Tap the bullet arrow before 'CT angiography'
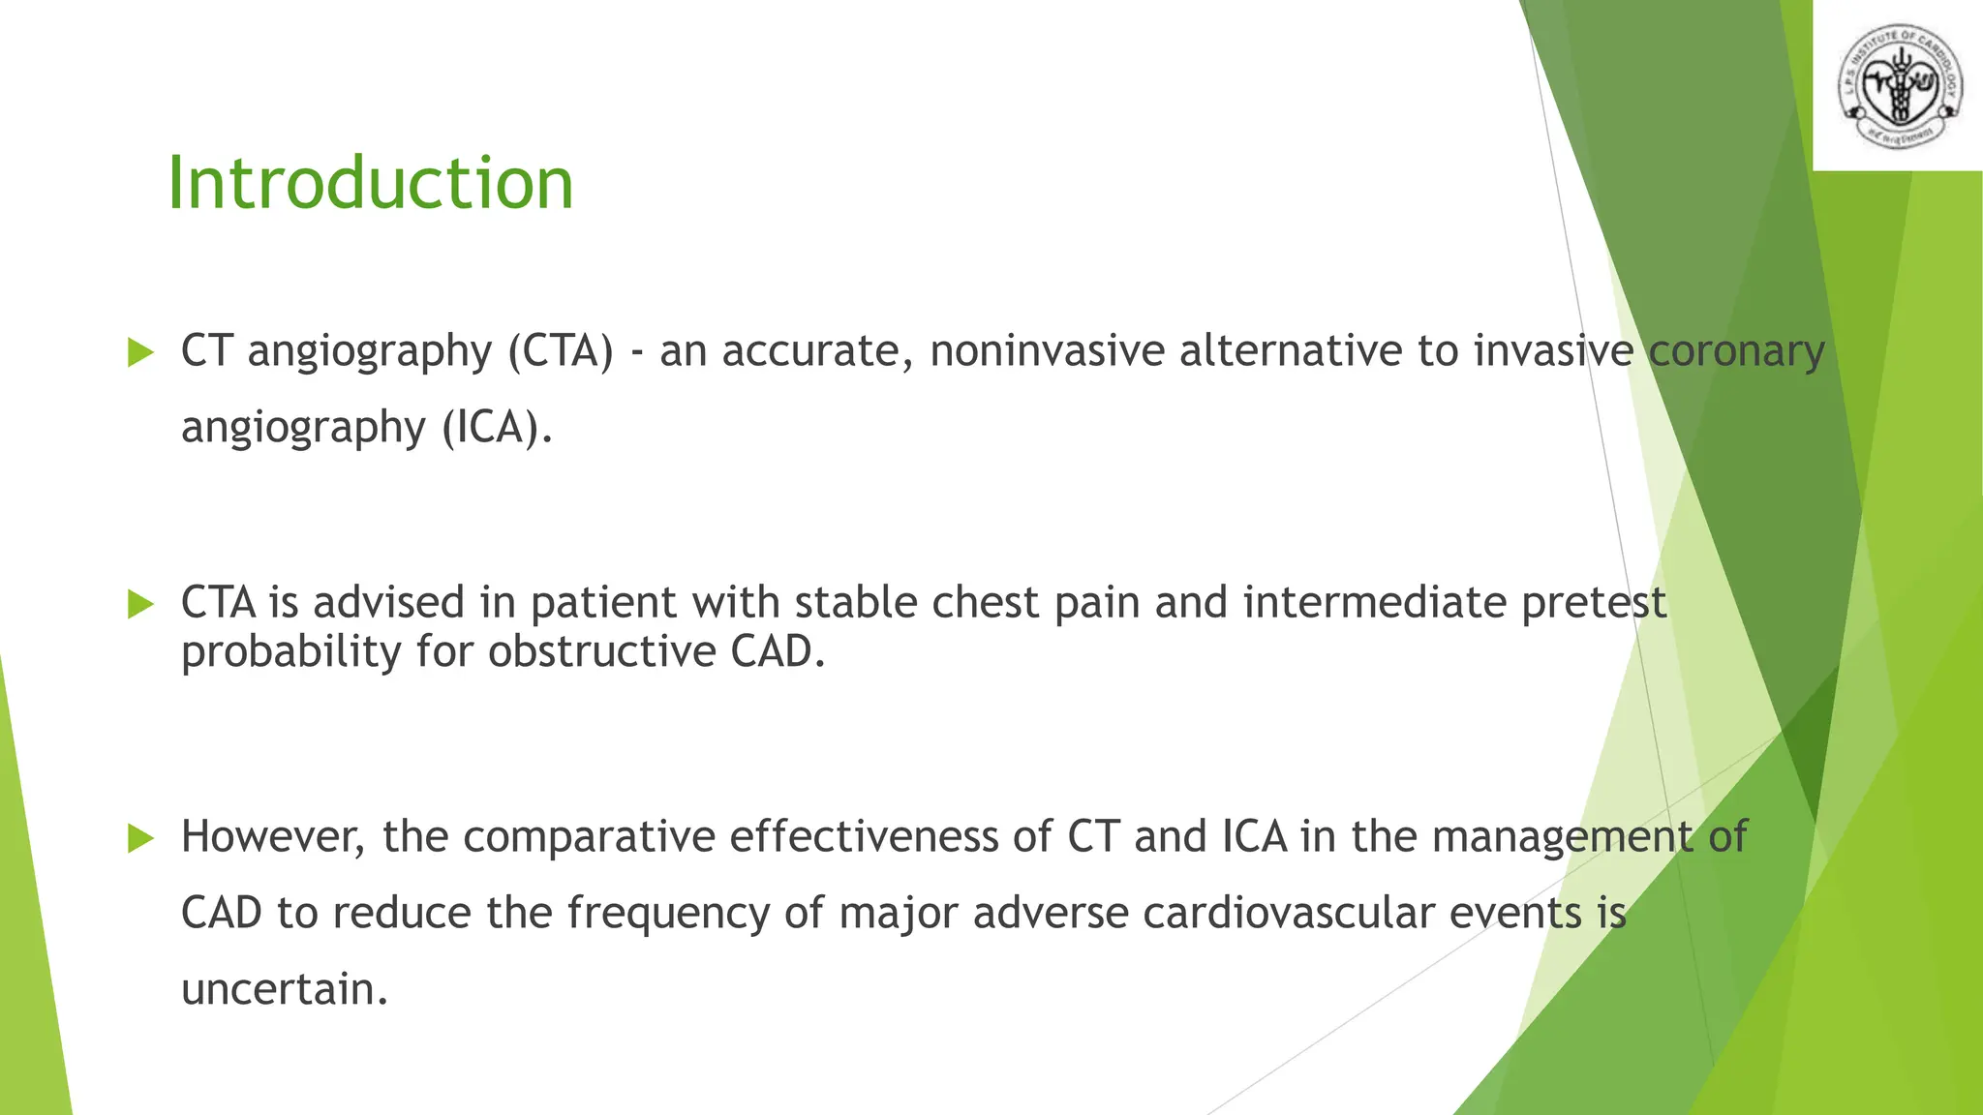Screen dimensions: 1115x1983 coord(141,352)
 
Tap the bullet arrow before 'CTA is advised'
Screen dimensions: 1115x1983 coord(141,605)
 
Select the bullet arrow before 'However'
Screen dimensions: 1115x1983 coord(141,838)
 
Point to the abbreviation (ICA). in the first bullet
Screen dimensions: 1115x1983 coord(498,427)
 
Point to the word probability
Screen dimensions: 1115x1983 coord(290,652)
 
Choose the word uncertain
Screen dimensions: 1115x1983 coord(285,989)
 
